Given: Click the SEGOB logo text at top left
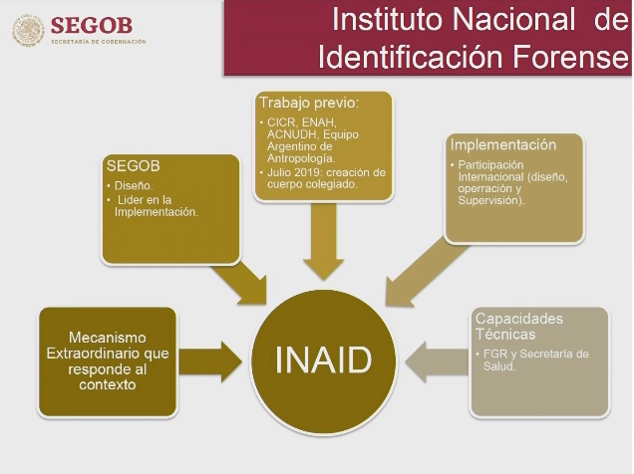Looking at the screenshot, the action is pos(92,26).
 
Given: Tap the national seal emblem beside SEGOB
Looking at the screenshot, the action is pos(28,30).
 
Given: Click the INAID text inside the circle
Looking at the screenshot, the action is pos(323,359).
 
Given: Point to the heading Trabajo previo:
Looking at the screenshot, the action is pos(309,103).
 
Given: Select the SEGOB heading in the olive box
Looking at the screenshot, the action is pos(134,165).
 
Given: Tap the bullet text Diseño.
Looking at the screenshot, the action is pos(134,186).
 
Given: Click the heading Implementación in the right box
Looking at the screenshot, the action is pos(503,144).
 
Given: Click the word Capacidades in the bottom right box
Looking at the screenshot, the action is pos(519,319).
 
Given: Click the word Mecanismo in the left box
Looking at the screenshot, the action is pos(108,338).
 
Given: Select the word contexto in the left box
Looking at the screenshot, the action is pos(107,384).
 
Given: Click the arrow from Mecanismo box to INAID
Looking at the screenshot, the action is pos(210,361).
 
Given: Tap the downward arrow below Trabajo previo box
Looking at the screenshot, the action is pos(323,241).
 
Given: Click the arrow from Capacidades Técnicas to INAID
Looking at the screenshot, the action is pos(438,361).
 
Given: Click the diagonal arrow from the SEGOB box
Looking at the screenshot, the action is pos(239,283).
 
